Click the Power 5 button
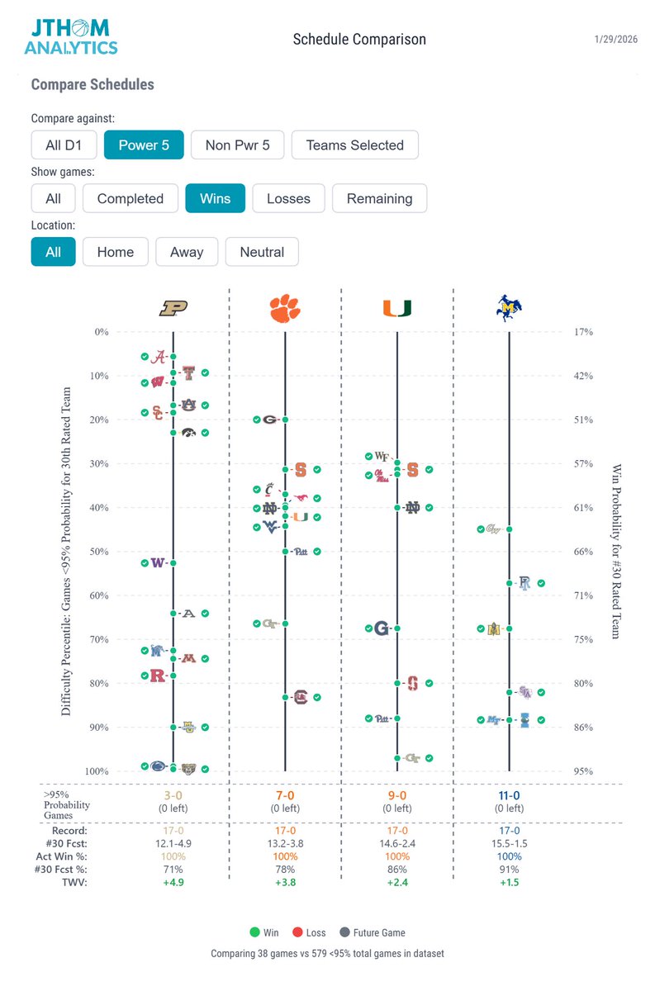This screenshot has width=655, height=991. coord(144,145)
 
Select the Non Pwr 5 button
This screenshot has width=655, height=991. coord(238,145)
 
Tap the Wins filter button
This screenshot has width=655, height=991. coord(215,198)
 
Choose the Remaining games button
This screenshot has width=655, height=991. coord(379,198)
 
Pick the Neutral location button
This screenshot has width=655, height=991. coord(262,252)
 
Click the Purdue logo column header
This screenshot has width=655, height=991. coord(173,308)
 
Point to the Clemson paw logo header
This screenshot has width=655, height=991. coord(285,308)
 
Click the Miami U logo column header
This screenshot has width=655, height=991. coord(397,308)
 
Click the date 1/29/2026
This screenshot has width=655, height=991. coord(617,40)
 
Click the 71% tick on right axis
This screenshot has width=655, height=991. coord(583,595)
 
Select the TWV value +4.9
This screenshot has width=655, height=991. coord(173,882)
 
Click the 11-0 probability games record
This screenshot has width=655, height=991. coord(510,796)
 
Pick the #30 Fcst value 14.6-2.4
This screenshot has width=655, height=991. coord(397,844)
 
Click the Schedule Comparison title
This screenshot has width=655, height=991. coord(359,40)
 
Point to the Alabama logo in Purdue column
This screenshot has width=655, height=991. coord(159,357)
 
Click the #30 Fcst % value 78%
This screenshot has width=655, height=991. coord(285,869)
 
